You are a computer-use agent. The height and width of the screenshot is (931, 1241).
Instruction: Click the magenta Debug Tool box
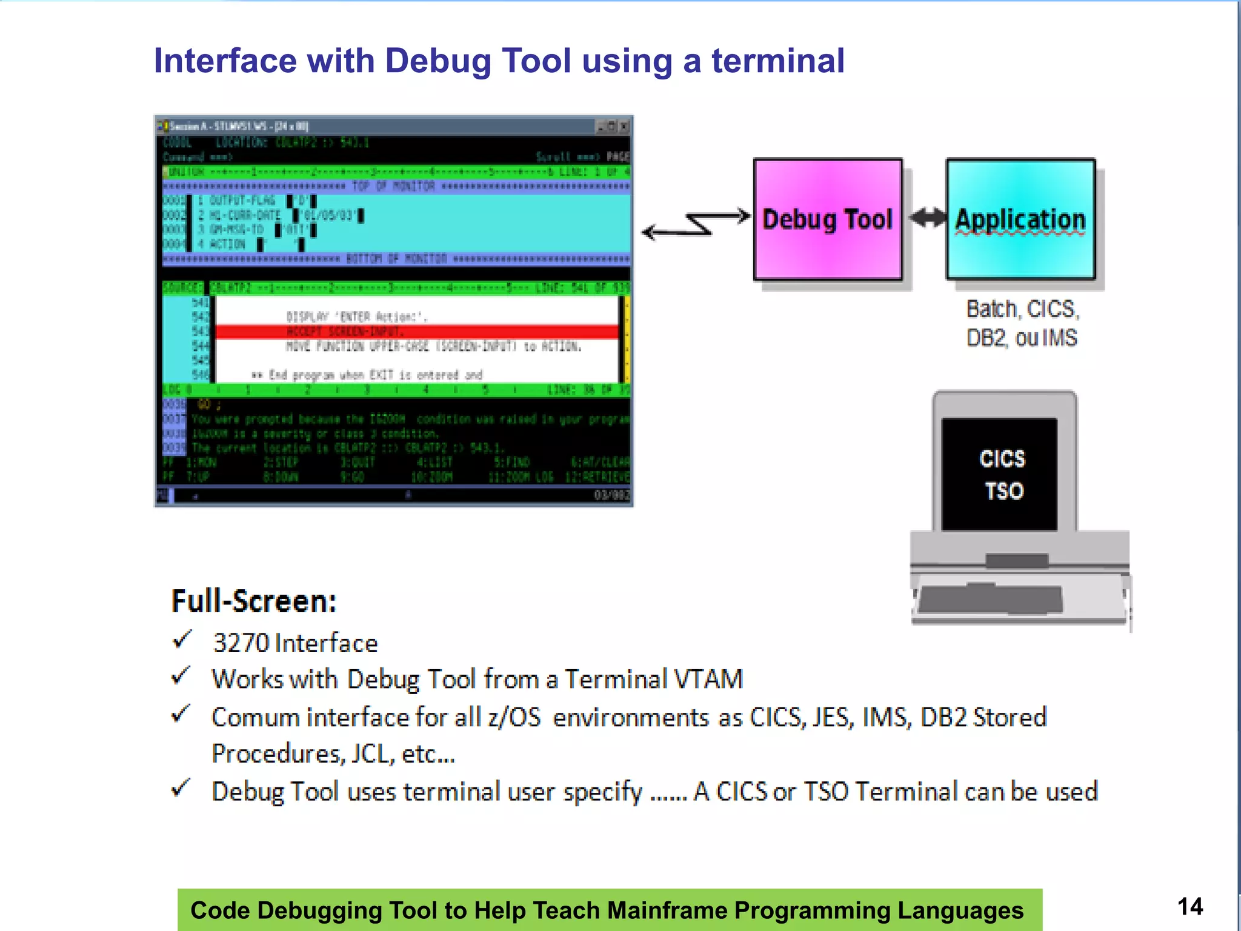(x=828, y=219)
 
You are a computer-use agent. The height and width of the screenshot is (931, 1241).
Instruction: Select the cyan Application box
(x=1021, y=219)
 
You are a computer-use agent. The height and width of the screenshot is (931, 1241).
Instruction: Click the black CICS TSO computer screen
(x=1000, y=474)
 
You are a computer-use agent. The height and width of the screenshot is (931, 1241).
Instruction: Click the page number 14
(x=1190, y=907)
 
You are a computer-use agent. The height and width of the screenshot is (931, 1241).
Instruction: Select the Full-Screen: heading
(x=254, y=601)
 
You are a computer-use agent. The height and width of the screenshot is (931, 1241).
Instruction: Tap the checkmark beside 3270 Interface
(x=182, y=640)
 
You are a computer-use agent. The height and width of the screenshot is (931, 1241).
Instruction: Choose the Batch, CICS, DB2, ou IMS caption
(x=1022, y=323)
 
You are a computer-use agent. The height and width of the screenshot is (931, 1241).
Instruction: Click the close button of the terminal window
(x=624, y=126)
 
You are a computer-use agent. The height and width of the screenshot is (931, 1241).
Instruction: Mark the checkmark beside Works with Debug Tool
(x=181, y=676)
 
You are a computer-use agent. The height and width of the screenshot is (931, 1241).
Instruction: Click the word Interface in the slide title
(x=225, y=61)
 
